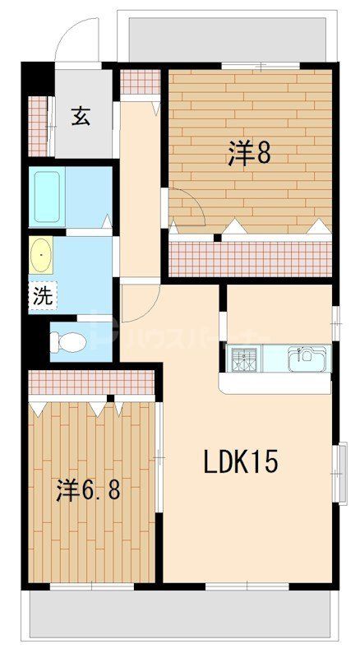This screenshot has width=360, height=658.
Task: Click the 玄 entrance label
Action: point(80,117)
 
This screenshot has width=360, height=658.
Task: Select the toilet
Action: point(71,340)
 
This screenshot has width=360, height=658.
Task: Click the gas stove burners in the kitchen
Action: point(244,359)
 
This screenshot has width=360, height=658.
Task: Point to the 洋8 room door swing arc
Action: point(187,206)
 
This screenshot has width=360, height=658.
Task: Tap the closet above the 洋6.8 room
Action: point(90,382)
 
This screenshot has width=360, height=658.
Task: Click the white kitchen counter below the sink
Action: point(275,383)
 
